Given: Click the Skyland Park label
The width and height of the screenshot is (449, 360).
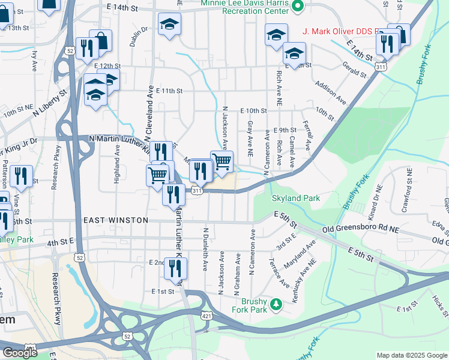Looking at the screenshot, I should click(295, 198).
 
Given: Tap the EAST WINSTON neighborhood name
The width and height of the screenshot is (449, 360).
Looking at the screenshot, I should click(115, 220).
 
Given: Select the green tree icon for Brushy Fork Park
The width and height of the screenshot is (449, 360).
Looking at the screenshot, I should click(276, 304).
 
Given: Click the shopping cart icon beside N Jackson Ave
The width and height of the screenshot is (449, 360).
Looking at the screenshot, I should click(221, 160).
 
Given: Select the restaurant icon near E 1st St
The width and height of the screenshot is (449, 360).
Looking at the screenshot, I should click(175, 268).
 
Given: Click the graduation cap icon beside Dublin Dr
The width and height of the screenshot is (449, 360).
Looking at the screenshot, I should click(170, 24).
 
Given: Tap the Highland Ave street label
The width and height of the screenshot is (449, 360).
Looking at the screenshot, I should click(118, 161).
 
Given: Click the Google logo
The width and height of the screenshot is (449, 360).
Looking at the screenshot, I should click(20, 353).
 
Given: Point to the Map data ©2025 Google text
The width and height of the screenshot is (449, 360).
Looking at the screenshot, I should click(411, 355).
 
